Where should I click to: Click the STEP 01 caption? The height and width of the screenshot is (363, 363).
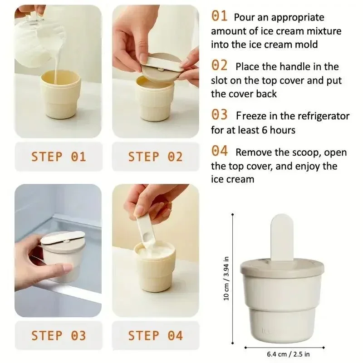[x=59, y=157]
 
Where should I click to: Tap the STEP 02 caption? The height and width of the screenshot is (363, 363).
[x=155, y=157]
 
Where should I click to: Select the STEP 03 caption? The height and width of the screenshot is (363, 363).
[x=59, y=336]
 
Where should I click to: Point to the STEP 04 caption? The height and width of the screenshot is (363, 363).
[x=155, y=336]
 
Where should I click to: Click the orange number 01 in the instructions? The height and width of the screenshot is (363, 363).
[x=219, y=16]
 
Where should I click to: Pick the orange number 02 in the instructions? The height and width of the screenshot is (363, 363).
[x=220, y=65]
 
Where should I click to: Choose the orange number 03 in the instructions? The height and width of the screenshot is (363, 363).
[x=220, y=115]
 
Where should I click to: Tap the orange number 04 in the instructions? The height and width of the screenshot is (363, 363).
[x=220, y=151]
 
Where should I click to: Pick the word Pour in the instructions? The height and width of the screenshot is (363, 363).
[x=243, y=18]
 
